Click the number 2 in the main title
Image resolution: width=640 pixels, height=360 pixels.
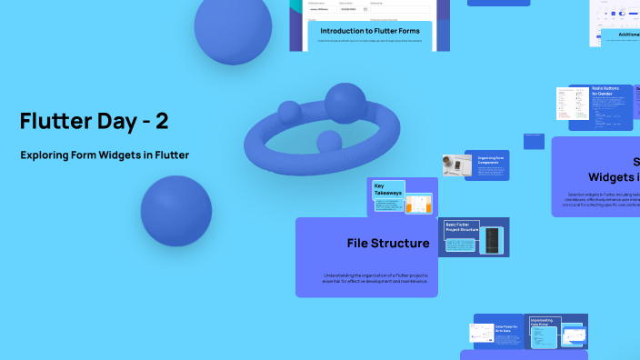coord(160,120)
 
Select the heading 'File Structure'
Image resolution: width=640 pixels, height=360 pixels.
coord(388,244)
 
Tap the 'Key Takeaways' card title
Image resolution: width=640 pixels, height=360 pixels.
coord(386,189)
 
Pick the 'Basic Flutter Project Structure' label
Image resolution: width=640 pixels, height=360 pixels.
coord(461,226)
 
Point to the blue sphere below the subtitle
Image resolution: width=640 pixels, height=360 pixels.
coord(175,211)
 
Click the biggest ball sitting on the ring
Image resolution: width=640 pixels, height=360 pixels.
coord(345,103)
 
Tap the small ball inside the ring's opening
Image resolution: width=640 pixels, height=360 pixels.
coord(328,141)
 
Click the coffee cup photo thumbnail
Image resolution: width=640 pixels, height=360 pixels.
coord(456,165)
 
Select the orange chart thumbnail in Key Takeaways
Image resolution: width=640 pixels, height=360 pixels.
coord(418,204)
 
